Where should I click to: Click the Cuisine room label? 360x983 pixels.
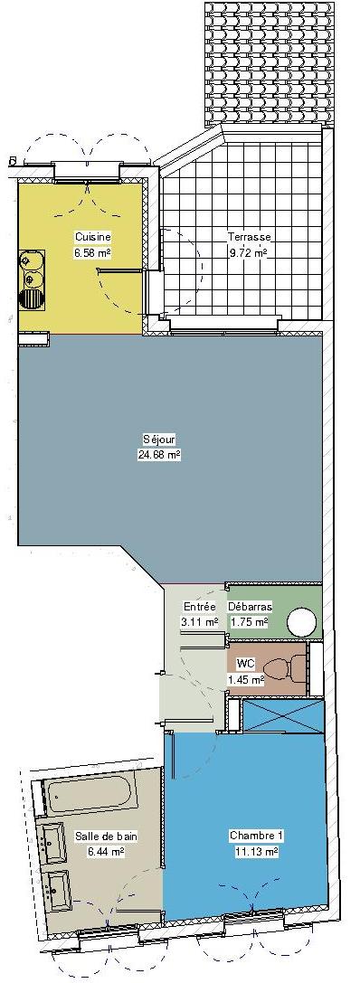93,237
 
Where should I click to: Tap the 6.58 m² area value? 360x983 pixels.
93,253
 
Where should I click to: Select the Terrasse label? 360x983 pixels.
249,237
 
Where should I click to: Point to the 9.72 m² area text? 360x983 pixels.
249,253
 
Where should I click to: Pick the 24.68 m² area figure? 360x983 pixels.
159,455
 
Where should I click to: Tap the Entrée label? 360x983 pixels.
199,607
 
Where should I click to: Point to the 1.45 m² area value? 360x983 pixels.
245,678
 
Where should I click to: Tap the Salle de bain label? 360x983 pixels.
106,836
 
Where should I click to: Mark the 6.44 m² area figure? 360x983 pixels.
106,852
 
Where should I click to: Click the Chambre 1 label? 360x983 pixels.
257,836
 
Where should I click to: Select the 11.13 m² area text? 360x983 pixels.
257,852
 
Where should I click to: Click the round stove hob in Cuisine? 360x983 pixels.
32,298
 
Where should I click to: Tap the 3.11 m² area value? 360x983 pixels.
199,622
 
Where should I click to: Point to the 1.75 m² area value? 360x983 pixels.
249,622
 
